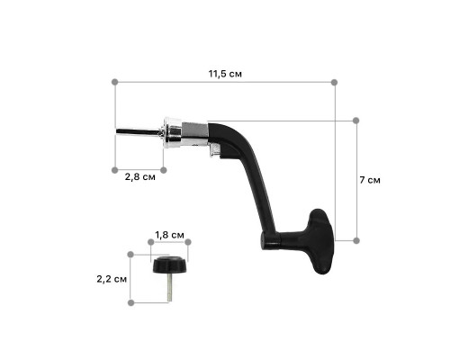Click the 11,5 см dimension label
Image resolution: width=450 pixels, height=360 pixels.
pos(225,74)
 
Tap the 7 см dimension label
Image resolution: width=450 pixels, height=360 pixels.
pos(370,180)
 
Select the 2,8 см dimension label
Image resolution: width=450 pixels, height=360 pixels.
pos(140,177)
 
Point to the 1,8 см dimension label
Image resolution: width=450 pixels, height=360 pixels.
pos(169,235)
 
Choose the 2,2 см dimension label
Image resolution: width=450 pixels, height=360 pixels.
pos(112,279)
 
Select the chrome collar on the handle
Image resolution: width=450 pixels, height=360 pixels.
pos(172,133)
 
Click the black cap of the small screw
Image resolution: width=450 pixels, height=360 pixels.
pos(169,265)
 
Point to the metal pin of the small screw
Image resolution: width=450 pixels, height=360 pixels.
pos(169,287)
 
